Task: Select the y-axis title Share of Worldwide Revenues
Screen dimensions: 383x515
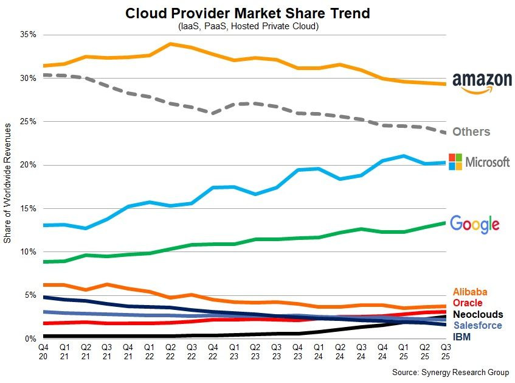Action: pos(8,183)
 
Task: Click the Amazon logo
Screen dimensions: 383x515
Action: pos(482,82)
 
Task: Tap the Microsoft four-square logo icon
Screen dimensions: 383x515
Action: pos(455,161)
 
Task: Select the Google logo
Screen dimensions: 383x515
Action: pos(474,224)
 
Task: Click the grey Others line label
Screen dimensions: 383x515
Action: pos(471,132)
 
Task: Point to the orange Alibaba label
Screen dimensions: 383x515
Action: pos(471,292)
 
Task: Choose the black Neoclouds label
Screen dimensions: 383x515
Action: pos(479,314)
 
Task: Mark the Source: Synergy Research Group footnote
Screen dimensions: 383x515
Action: pos(450,372)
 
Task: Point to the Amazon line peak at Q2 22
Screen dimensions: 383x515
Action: pos(170,44)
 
